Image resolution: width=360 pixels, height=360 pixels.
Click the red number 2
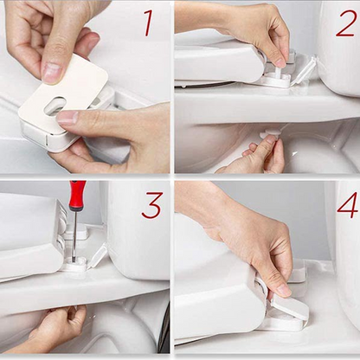pos(345,22)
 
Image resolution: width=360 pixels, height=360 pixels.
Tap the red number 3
pos(151,205)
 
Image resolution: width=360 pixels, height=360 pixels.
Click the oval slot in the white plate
pos(54,105)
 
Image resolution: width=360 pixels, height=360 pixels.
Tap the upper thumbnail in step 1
pos(53,73)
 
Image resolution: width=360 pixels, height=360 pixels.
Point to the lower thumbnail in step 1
pos(67,117)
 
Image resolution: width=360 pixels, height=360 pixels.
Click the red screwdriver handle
pos(77,196)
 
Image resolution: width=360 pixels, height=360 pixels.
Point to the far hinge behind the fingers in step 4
pos(296,273)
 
